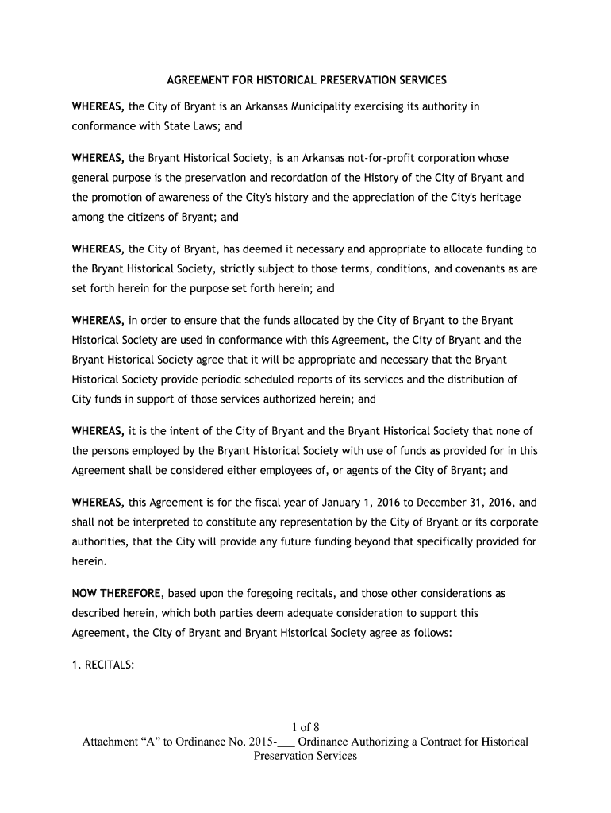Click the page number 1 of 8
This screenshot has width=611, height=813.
coord(305,726)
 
